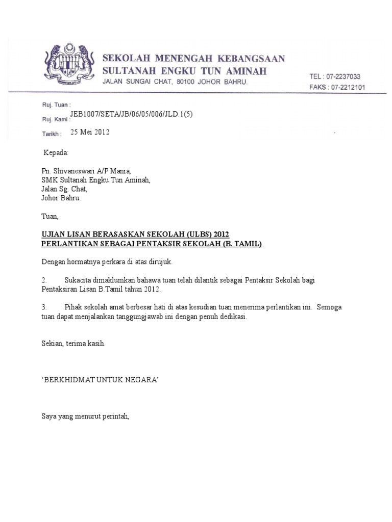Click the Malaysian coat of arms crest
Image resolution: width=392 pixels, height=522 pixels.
pyautogui.click(x=67, y=64)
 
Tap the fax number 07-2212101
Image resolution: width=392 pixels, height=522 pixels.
pyautogui.click(x=345, y=87)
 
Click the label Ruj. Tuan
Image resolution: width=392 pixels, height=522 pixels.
pyautogui.click(x=53, y=104)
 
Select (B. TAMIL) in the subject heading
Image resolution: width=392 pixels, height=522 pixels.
pyautogui.click(x=241, y=244)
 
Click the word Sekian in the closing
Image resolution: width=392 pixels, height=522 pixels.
pyautogui.click(x=52, y=344)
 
